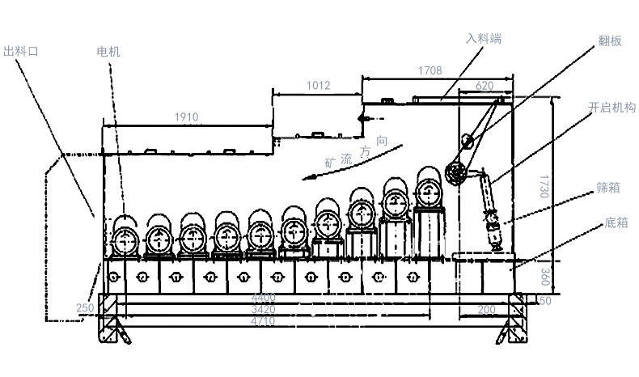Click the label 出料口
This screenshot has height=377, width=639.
click(22, 51)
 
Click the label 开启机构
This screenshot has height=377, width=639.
click(611, 108)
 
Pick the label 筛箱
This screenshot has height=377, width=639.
click(608, 188)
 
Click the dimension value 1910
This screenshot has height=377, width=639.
click(186, 117)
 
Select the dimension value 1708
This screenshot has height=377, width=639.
click(430, 70)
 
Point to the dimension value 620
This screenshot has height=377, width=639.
click(485, 85)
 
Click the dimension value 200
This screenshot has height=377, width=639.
click(486, 310)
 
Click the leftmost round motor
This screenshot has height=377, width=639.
click(125, 238)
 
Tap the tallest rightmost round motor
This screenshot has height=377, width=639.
click(430, 192)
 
